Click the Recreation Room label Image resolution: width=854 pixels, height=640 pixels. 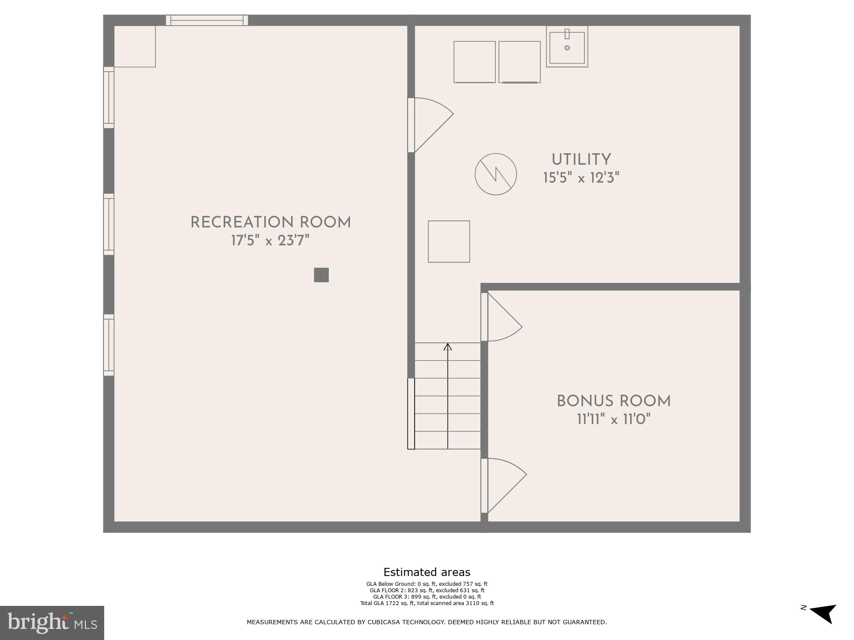pos(270,222)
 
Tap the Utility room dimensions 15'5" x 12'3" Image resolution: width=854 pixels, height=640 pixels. pos(581,178)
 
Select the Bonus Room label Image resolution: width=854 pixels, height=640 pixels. pos(614,401)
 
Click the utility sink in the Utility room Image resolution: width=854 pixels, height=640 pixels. pos(567,47)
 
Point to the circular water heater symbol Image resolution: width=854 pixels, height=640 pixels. pos(496,174)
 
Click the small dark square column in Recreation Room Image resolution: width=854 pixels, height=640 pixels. pos(321,275)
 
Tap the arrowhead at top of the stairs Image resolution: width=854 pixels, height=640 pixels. pos(447,347)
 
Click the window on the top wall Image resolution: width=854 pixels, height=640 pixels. pos(207,20)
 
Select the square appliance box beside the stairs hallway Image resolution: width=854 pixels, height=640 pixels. pos(449,241)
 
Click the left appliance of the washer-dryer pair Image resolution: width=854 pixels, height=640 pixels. pos(474,62)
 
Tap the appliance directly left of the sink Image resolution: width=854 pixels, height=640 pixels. pos(519,62)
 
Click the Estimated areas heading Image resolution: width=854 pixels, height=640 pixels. pos(427,572)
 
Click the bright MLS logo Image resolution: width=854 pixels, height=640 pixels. pos(52,623)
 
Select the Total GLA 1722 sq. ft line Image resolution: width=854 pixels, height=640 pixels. pos(427,603)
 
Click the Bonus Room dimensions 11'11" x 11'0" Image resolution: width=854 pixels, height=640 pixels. pos(614,419)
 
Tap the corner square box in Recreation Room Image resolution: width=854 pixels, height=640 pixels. pos(135,47)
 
